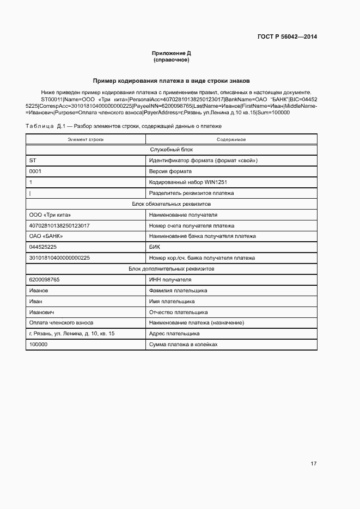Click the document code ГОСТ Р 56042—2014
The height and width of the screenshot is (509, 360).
[x=287, y=37]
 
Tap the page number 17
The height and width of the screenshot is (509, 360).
[x=313, y=463]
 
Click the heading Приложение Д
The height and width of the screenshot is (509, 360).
[x=171, y=53]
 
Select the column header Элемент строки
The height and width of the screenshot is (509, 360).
[x=86, y=140]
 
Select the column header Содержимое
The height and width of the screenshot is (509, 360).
[x=231, y=140]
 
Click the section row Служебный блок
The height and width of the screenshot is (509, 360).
[x=171, y=150]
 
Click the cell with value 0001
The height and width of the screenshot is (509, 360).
[x=35, y=171]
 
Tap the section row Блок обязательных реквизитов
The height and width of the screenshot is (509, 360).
[x=171, y=204]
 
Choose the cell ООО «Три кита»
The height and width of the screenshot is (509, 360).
[x=50, y=215]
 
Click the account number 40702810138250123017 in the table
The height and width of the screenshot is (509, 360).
[x=59, y=225]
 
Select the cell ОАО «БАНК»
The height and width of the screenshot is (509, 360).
[x=46, y=236]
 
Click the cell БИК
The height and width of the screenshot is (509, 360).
[x=155, y=247]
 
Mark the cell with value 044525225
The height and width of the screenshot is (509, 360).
[x=42, y=247]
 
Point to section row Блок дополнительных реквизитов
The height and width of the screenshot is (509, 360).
[x=171, y=269]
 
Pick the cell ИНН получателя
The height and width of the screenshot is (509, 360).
[x=170, y=280]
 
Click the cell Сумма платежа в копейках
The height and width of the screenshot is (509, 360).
[x=183, y=345]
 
